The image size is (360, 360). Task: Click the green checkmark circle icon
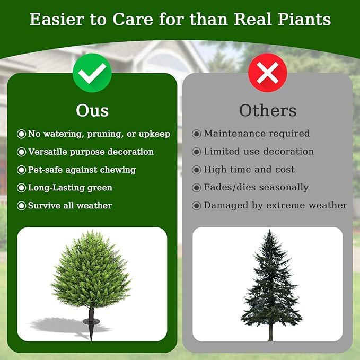92,73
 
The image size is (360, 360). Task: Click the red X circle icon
267,73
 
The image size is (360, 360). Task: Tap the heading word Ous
92,110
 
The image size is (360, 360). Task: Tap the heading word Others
267,110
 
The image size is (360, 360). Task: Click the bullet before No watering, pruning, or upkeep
21,134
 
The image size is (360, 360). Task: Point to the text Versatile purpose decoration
91,152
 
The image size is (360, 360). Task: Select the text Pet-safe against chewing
82,170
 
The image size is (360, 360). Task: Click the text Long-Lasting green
70,188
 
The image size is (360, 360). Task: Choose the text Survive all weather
70,206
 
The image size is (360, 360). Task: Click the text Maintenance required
257,134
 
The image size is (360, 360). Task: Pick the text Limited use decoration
259,152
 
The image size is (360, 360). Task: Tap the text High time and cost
249,170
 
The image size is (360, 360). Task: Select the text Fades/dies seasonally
256,188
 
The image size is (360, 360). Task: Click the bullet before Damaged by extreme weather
196,205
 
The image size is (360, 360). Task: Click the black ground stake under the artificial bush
87,322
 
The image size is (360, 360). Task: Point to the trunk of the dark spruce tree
270,332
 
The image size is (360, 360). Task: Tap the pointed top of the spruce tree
270,232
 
